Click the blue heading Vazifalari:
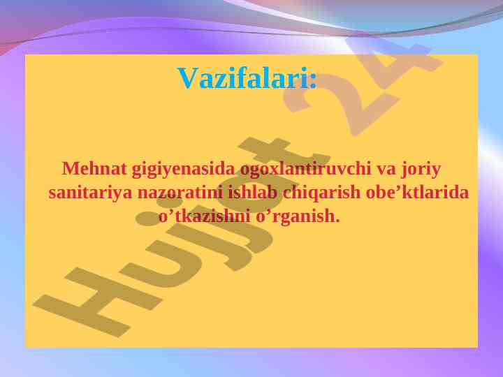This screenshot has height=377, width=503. [247, 78]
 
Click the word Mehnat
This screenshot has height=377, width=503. [94, 169]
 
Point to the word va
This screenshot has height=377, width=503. [386, 171]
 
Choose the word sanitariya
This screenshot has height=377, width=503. [90, 193]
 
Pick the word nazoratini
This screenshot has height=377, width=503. [180, 193]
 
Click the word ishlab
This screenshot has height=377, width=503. [252, 193]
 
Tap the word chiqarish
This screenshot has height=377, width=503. [321, 193]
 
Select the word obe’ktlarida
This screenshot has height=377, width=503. [417, 193]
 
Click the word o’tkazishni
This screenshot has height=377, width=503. [204, 216]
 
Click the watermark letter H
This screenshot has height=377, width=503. [96, 301]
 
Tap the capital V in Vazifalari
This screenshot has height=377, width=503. [188, 78]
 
